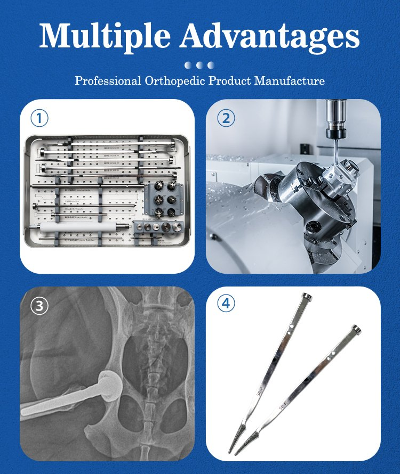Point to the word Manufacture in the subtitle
289,81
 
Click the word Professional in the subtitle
107,81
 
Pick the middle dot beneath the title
200,65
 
